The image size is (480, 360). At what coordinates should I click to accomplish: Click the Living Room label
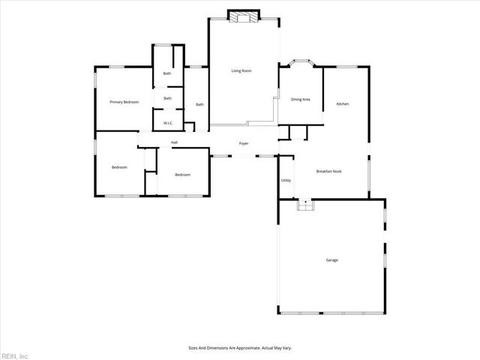click(x=241, y=71)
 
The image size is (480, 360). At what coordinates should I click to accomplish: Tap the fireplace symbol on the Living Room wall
click(x=244, y=16)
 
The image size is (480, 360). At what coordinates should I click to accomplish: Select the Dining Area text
click(x=300, y=99)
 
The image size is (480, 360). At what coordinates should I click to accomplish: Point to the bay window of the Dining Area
click(x=301, y=62)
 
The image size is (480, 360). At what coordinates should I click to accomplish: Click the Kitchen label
click(x=342, y=103)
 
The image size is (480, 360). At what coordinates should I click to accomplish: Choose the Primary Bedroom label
click(x=124, y=102)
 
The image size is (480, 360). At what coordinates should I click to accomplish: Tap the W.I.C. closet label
click(x=168, y=123)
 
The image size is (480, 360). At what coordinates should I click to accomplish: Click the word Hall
click(x=174, y=142)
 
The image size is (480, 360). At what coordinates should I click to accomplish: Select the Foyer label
click(x=244, y=143)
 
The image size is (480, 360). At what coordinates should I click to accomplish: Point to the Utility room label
click(x=286, y=181)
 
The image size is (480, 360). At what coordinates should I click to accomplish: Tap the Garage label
click(x=331, y=260)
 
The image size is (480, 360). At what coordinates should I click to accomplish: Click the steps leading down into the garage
click(x=304, y=205)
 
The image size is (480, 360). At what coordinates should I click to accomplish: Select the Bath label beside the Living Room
click(x=199, y=104)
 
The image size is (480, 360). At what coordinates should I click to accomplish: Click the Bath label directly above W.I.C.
click(x=168, y=98)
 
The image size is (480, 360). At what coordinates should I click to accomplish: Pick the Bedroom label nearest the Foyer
click(x=182, y=175)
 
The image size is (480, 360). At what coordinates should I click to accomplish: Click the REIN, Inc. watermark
click(x=14, y=355)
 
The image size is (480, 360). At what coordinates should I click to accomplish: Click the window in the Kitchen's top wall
click(x=346, y=67)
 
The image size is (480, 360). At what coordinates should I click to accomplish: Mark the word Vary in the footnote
click(x=288, y=348)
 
